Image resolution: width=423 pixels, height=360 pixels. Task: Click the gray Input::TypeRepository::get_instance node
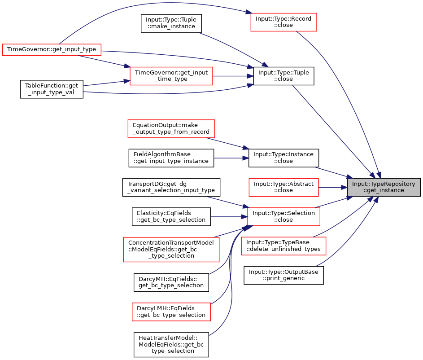coord(384,187)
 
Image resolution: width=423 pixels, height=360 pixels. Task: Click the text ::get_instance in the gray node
coord(384,190)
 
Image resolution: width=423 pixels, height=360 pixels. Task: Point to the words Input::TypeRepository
coord(384,184)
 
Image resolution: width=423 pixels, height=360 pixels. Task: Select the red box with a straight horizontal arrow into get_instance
coord(283,187)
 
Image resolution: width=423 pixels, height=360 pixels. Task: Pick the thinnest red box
coord(51,50)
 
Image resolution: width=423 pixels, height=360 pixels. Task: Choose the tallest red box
coord(171,250)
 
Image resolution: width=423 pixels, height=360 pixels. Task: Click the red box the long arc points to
coord(283,22)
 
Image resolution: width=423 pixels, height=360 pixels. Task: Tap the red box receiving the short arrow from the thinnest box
coord(171,76)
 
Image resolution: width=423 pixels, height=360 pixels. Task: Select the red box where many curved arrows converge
coord(283,217)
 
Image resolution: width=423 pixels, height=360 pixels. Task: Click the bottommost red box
coord(171,312)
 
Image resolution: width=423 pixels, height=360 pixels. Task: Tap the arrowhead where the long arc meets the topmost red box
coord(248,12)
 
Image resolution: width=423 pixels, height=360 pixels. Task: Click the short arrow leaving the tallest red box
coord(229,233)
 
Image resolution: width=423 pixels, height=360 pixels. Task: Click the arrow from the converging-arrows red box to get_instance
coord(334,202)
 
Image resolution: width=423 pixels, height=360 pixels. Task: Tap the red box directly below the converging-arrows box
coord(283,246)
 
